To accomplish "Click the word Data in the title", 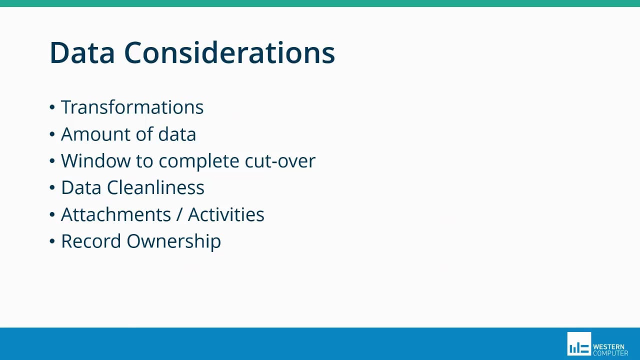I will click(x=81, y=52).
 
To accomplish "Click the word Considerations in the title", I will click(x=229, y=52).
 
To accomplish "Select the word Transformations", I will click(x=132, y=107).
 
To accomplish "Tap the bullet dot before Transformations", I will click(x=52, y=107).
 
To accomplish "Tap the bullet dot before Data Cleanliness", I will click(x=52, y=188).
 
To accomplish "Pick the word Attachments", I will click(x=116, y=214).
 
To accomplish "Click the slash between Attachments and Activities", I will click(x=179, y=214).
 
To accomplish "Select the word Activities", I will click(x=226, y=214).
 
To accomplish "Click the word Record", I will click(x=91, y=241).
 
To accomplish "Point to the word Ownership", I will click(x=173, y=241).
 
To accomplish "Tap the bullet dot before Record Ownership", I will click(x=52, y=241).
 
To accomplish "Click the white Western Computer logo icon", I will click(x=579, y=344).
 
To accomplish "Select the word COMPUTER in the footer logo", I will click(x=610, y=353).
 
